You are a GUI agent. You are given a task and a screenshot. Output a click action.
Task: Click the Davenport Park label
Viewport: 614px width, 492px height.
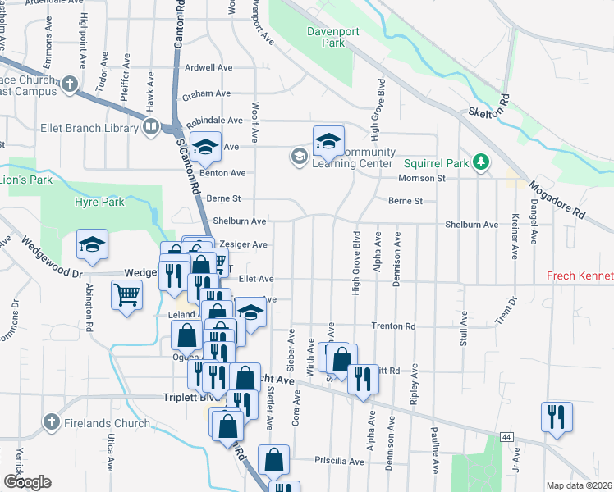point(327,37)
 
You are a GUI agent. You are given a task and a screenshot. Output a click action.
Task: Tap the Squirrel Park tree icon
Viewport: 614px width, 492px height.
point(484,163)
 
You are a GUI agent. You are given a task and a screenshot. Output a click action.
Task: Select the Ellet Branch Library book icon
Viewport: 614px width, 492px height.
point(151,127)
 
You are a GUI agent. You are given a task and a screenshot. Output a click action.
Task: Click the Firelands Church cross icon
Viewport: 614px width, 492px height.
point(51,423)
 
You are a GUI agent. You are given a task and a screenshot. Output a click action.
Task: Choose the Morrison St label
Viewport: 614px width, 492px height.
point(421,178)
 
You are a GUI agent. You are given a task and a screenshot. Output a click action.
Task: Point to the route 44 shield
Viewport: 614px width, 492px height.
point(508,438)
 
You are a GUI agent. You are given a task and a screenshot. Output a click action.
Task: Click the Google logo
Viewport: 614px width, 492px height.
point(27,481)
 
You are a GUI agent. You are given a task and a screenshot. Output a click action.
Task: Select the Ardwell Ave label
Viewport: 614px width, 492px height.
point(209,68)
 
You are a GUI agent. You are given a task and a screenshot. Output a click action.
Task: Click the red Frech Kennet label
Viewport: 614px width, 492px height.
point(580,278)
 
